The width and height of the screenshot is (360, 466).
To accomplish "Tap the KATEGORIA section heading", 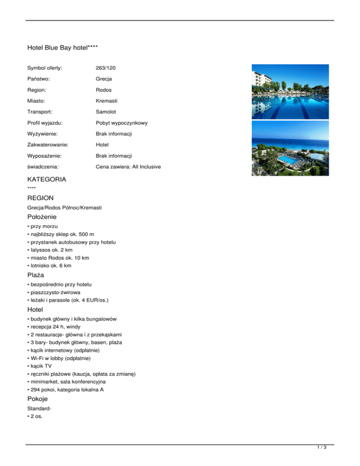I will (47, 179).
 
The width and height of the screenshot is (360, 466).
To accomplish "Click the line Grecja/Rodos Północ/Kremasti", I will (65, 207).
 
